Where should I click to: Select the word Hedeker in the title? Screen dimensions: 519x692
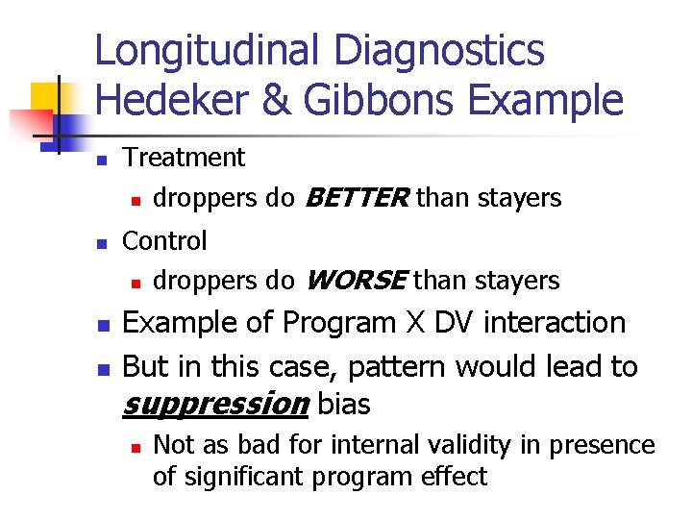click(169, 100)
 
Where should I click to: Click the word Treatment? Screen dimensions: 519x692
click(184, 158)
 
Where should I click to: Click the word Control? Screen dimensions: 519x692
click(164, 240)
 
